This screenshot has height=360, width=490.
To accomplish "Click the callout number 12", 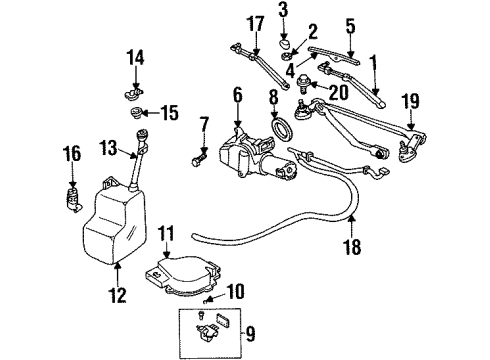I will (119, 295).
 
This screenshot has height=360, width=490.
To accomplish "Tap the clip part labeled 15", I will (143, 113).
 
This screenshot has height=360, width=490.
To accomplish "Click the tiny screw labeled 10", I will (207, 301).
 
